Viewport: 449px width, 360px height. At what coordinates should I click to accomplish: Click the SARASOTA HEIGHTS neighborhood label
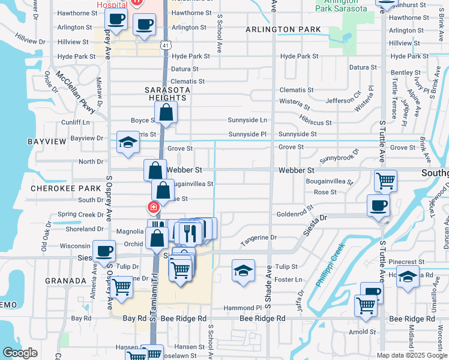pyautogui.click(x=168, y=94)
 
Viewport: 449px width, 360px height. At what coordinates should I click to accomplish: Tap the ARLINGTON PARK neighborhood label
pyautogui.click(x=287, y=29)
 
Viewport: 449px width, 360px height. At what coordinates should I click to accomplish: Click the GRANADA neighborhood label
pyautogui.click(x=65, y=280)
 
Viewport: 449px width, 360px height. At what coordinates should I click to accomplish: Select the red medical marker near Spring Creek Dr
pyautogui.click(x=153, y=208)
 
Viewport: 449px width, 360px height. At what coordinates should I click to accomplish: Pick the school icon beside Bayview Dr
pyautogui.click(x=127, y=143)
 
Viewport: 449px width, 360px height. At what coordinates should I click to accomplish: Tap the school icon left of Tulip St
pyautogui.click(x=243, y=271)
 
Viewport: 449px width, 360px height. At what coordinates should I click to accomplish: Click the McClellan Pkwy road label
pyautogui.click(x=75, y=93)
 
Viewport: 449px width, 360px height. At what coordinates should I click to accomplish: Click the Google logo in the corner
pyautogui.click(x=20, y=353)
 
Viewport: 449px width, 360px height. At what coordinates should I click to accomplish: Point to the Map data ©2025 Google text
pyautogui.click(x=412, y=355)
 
